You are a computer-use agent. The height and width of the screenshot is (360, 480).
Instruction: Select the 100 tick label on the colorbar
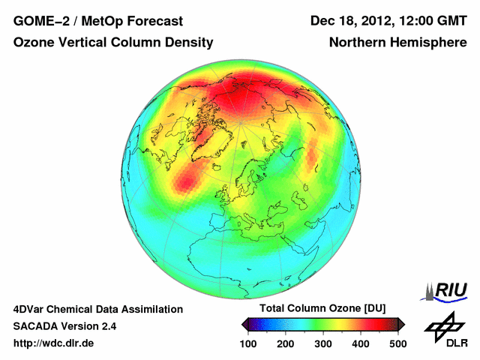tap(248, 343)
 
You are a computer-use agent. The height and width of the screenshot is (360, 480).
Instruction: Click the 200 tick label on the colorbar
tap(286, 343)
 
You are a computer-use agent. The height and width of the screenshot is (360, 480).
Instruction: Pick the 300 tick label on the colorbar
tap(323, 343)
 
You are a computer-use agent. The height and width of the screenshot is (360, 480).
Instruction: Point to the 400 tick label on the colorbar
tap(361, 343)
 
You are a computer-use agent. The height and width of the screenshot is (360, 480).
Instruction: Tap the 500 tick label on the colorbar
tap(397, 343)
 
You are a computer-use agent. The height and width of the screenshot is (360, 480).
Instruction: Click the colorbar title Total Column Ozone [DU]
tap(322, 309)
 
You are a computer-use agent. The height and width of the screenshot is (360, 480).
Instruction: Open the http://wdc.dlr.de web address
tap(54, 343)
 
